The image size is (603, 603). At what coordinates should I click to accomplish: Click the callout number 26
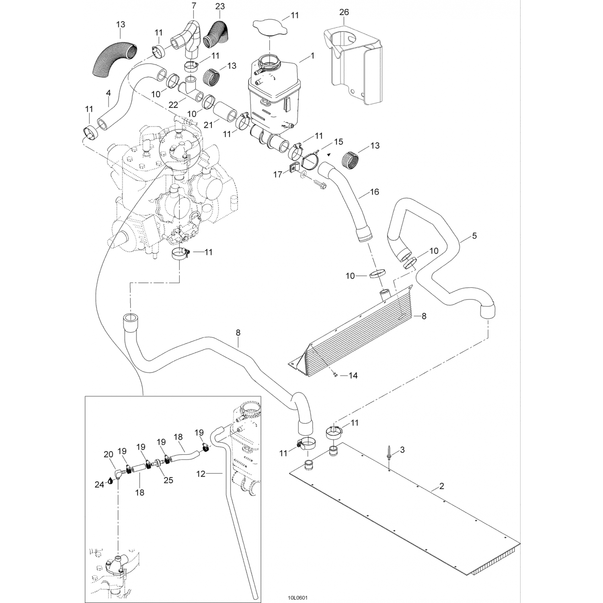pos(344,12)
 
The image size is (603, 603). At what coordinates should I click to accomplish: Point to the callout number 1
pos(313,55)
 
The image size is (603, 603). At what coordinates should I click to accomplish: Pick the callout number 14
pos(353,375)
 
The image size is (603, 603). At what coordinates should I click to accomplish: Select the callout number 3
pos(402,449)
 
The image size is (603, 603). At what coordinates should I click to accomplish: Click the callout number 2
pos(441,486)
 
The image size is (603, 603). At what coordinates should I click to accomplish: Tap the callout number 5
pos(474,236)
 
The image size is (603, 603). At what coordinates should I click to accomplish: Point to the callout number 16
pos(374,192)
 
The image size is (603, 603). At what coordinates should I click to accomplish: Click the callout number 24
pos(99,485)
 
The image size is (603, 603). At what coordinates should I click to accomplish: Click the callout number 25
pos(168,480)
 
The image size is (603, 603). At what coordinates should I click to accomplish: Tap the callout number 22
pos(173,105)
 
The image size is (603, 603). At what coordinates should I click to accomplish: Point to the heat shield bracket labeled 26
pos(353,61)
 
